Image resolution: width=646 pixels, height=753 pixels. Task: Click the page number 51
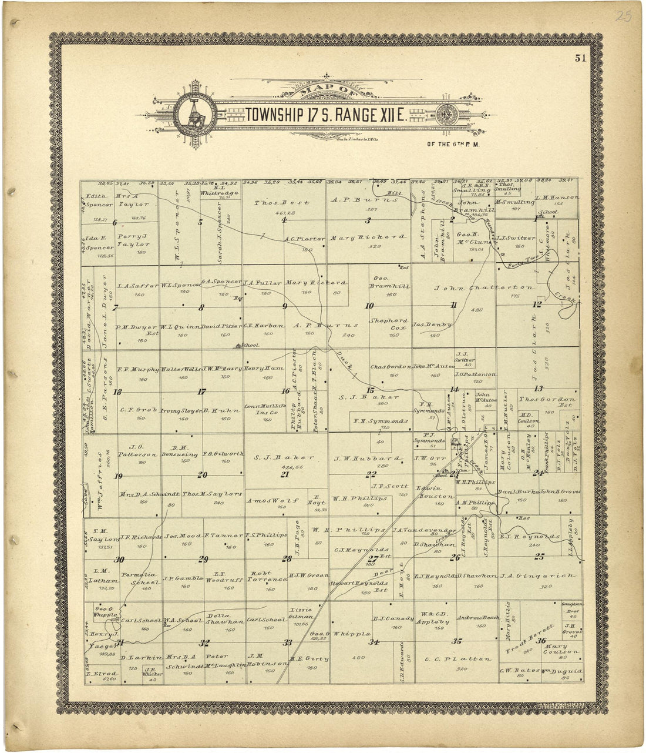click(x=581, y=58)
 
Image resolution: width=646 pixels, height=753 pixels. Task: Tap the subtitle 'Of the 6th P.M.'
click(x=454, y=143)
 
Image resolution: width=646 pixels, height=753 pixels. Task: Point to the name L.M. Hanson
click(x=557, y=198)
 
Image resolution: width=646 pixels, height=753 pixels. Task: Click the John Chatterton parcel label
click(x=484, y=288)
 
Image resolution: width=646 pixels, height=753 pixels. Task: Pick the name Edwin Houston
click(x=435, y=492)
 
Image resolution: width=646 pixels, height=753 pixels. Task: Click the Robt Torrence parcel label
click(x=268, y=576)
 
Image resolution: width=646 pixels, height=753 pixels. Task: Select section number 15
click(x=370, y=390)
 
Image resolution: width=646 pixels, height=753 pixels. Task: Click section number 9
click(x=285, y=306)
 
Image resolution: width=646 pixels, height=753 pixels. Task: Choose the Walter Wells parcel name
click(x=181, y=369)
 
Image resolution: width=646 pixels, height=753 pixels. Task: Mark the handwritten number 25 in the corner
click(x=624, y=17)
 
